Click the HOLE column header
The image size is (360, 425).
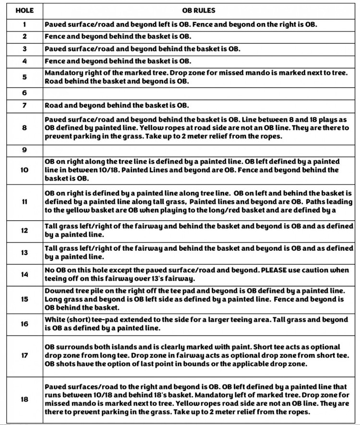pos(24,10)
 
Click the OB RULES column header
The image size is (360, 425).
pos(199,10)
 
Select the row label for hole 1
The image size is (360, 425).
pos(24,24)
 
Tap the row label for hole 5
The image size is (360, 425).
pos(24,77)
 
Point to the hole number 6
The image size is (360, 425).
pos(24,93)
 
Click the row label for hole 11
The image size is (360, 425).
pos(24,202)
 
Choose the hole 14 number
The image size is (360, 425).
pos(24,274)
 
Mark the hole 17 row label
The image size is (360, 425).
pos(24,356)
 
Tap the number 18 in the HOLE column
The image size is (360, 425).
pos(24,399)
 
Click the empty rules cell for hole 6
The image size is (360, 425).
pos(199,93)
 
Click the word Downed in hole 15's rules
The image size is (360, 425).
pos(59,291)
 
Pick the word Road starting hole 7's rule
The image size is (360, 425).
pos(53,105)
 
